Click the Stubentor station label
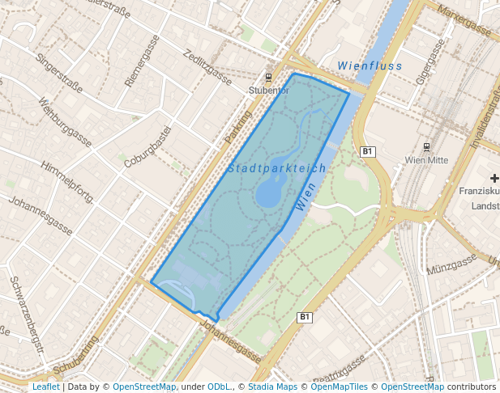tap(267, 91)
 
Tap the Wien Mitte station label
tap(426, 159)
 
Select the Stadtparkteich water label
tap(277, 168)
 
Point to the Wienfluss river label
tap(370, 65)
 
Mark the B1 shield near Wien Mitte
tap(367, 151)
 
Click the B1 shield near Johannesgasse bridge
tap(305, 317)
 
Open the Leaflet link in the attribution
tap(45, 387)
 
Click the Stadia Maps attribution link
tap(276, 387)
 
